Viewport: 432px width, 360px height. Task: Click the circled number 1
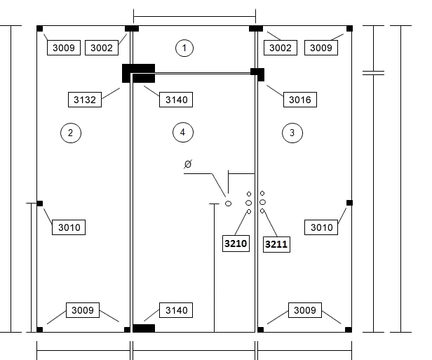[184, 48]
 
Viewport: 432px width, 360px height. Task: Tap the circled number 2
[71, 133]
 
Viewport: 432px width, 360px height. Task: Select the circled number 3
[292, 133]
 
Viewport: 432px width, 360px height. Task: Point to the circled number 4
[183, 133]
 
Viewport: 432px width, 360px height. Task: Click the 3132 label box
[85, 100]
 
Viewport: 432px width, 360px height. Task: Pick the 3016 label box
[300, 100]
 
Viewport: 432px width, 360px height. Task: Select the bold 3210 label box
[236, 244]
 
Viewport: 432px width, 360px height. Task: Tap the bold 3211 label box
[276, 244]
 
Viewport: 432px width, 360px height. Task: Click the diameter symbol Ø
[188, 164]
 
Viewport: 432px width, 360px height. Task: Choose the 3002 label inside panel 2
[102, 48]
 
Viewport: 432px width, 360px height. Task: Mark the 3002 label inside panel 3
[281, 48]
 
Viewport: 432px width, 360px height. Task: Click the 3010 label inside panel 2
[69, 227]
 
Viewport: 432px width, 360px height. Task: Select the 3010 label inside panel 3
[321, 227]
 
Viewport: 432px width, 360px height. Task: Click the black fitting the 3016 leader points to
[257, 74]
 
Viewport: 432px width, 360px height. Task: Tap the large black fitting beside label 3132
[139, 73]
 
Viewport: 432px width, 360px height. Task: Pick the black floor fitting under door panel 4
[144, 328]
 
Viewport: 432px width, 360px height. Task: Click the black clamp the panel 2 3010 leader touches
[40, 204]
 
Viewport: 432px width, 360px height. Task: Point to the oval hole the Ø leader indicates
[228, 204]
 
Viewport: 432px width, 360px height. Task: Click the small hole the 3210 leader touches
[249, 212]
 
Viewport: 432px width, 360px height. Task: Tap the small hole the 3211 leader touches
[262, 211]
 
